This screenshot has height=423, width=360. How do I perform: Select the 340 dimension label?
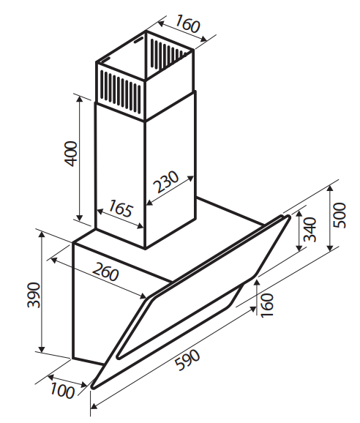(x=310, y=230)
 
